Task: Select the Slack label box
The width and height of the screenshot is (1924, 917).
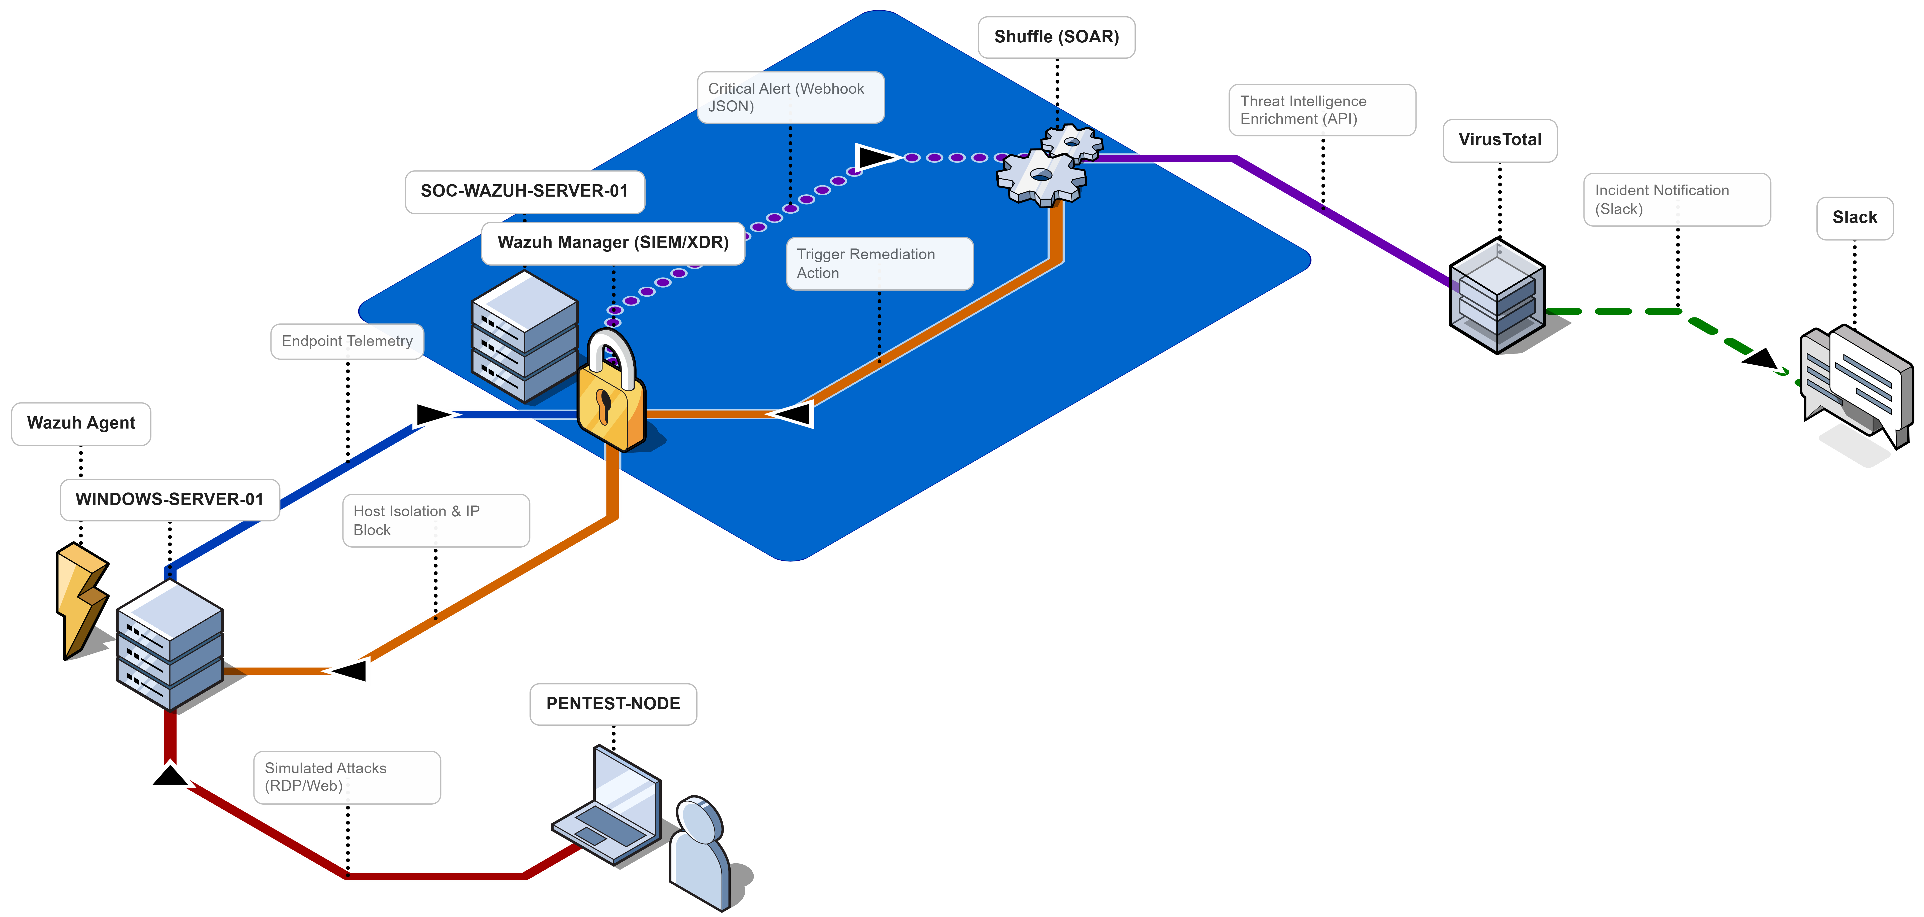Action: click(x=1855, y=218)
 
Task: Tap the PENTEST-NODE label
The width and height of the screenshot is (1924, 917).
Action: click(x=613, y=704)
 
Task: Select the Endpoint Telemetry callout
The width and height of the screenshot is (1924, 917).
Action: click(x=346, y=341)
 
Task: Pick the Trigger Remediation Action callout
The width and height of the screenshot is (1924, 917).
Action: click(x=879, y=264)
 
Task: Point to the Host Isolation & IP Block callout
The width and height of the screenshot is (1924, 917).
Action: click(x=435, y=521)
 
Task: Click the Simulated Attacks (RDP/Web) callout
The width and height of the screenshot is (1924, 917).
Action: click(x=346, y=777)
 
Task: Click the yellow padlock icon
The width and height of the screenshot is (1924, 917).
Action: click(x=611, y=396)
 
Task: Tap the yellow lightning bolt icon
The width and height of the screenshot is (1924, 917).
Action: click(x=81, y=597)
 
